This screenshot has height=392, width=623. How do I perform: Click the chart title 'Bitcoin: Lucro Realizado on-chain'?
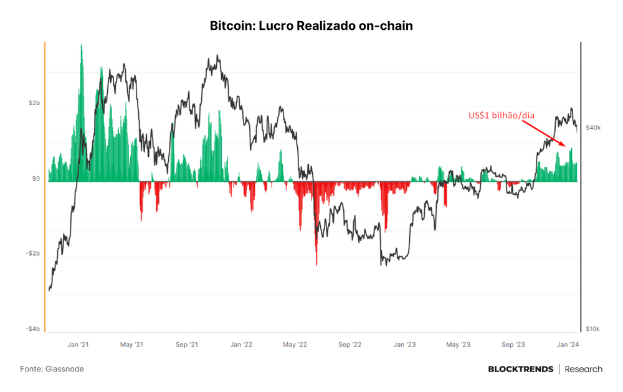[x=311, y=26]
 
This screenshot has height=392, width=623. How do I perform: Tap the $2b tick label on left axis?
[x=34, y=103]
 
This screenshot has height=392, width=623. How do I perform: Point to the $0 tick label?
[x=36, y=179]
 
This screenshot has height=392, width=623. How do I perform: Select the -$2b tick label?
[x=33, y=253]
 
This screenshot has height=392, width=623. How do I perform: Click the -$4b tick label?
[x=33, y=329]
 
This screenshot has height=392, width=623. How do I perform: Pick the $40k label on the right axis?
[x=593, y=128]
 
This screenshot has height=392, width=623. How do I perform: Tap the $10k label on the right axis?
[x=593, y=329]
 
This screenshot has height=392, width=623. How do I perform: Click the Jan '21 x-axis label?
[x=78, y=344]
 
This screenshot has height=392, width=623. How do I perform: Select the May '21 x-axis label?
[x=131, y=344]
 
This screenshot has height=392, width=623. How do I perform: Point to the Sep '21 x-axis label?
[x=187, y=344]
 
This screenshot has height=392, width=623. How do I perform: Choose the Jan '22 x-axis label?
[x=241, y=344]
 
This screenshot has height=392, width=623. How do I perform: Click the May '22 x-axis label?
[x=295, y=344]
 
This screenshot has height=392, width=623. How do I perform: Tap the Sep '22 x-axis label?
[x=350, y=344]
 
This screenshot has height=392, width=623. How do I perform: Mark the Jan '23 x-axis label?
[x=404, y=344]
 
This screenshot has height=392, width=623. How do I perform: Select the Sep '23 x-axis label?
[x=513, y=344]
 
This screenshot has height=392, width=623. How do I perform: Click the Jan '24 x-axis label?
[x=568, y=344]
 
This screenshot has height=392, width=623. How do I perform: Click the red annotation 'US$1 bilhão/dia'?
[x=502, y=116]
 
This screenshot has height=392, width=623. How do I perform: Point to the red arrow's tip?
[x=566, y=146]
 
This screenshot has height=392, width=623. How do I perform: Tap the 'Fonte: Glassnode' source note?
[x=52, y=369]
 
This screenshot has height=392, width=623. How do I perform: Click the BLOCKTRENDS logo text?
[x=520, y=370]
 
